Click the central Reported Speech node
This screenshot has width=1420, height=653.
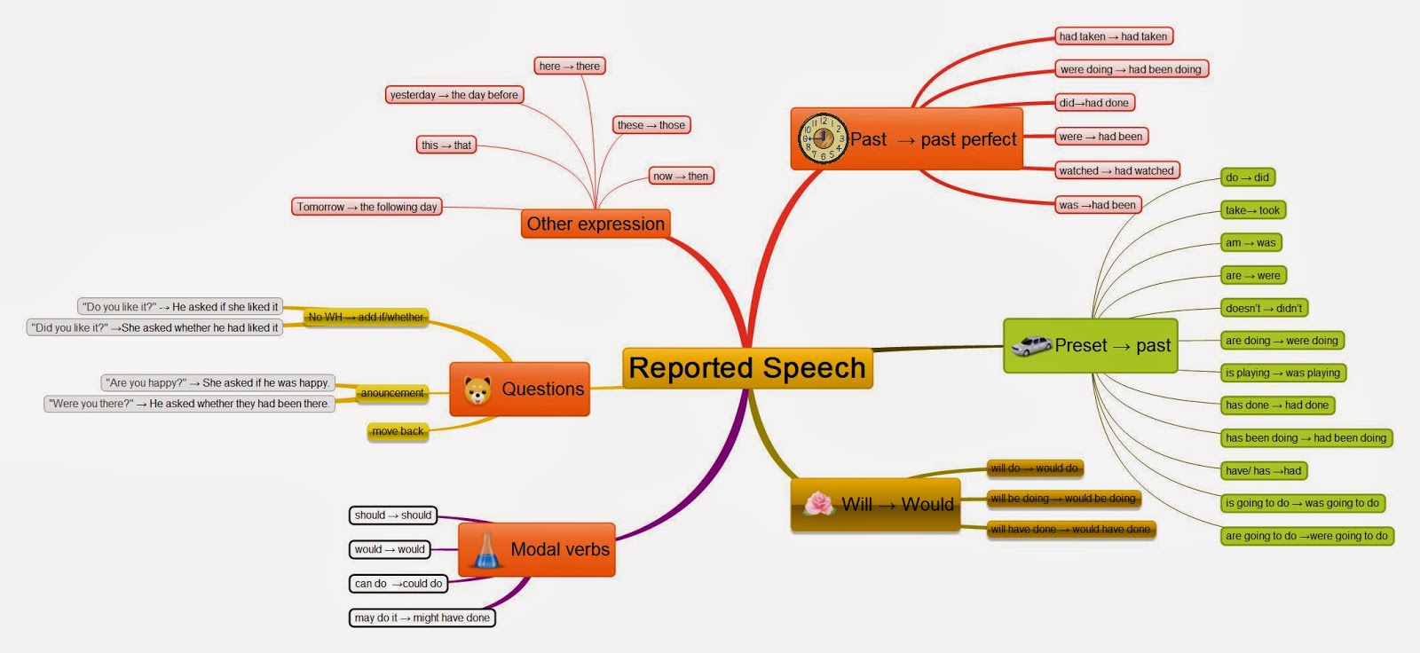click(747, 368)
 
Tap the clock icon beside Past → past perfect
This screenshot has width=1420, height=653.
click(823, 138)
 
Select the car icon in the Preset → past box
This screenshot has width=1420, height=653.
click(1031, 345)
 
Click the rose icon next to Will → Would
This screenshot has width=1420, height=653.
click(819, 504)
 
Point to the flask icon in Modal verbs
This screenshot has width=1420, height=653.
click(485, 550)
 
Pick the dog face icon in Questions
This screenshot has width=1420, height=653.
click(477, 389)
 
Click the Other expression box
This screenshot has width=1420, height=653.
click(596, 224)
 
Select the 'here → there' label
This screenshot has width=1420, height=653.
click(570, 66)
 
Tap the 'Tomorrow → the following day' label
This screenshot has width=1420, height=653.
click(367, 207)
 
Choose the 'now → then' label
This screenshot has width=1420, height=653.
click(681, 176)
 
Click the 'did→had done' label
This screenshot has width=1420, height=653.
click(1094, 103)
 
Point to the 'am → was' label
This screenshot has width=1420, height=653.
click(1250, 242)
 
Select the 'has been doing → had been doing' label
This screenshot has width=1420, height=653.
click(1306, 437)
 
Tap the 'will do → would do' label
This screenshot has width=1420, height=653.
click(1035, 468)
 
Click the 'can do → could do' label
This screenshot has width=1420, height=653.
click(398, 584)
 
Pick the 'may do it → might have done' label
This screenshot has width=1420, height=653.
click(422, 618)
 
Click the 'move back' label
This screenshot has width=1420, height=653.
click(398, 431)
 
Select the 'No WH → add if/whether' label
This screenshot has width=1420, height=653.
click(366, 317)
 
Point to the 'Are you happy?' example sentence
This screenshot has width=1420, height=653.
click(217, 382)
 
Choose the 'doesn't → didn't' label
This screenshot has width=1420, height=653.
click(1264, 308)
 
